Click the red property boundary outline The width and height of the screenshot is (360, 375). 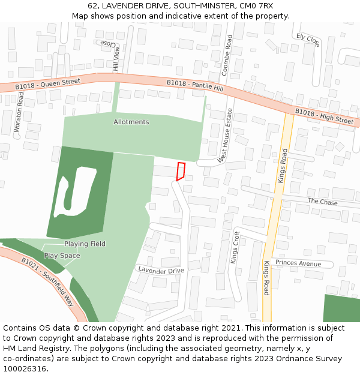[180, 171]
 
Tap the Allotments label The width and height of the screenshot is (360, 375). [131, 122]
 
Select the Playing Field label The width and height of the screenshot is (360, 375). [85, 244]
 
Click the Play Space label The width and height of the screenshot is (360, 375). [62, 256]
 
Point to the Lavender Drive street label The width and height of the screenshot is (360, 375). [161, 271]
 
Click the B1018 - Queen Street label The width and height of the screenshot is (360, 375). [48, 84]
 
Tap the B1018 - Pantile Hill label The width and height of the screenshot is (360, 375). [194, 85]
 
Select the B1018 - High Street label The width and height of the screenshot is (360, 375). [324, 116]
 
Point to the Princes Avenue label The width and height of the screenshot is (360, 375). [298, 263]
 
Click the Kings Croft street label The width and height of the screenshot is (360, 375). [235, 248]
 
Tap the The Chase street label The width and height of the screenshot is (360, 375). [322, 202]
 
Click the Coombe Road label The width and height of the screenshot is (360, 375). [226, 55]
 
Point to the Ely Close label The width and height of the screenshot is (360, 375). [308, 40]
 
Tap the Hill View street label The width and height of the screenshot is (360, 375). [116, 58]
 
